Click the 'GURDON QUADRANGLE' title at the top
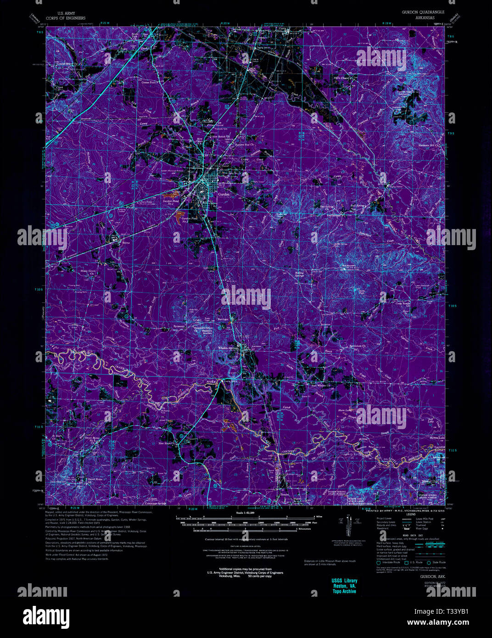(423, 12)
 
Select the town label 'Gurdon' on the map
(223, 194)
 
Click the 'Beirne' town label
(126, 241)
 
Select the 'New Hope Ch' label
(166, 443)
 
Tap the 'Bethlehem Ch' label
(358, 346)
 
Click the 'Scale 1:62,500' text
(245, 513)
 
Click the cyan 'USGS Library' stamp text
(344, 581)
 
